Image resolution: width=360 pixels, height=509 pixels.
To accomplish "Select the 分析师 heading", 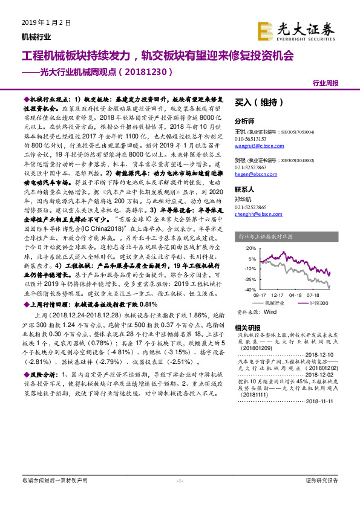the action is point(244,121).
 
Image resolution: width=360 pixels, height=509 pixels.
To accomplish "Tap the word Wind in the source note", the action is point(270,312).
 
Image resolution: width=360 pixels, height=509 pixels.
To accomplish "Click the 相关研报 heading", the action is point(244,327).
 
